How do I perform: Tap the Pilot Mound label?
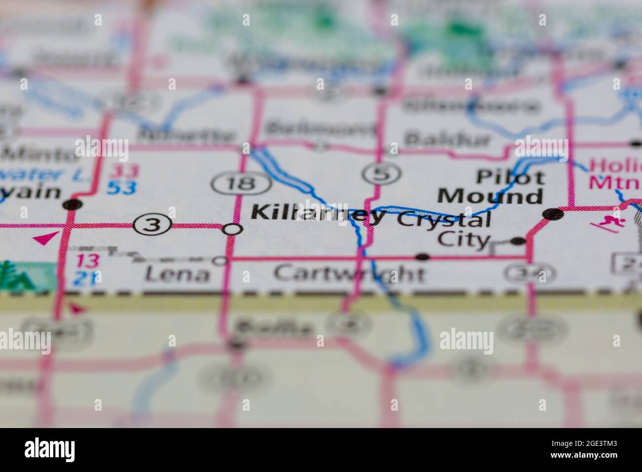(x=490, y=187)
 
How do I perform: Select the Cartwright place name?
(x=349, y=273)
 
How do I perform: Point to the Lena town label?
(x=178, y=273)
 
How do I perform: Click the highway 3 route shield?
(x=154, y=226)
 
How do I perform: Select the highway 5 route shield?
(x=381, y=173)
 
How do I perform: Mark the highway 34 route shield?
(x=530, y=273)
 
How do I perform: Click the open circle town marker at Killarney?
(x=232, y=229)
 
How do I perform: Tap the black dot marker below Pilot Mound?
(x=552, y=214)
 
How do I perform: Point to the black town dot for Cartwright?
(x=422, y=257)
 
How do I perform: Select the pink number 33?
(x=124, y=172)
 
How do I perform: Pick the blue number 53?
(x=122, y=188)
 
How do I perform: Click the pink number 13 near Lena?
(x=87, y=261)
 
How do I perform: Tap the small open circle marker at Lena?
(x=220, y=260)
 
